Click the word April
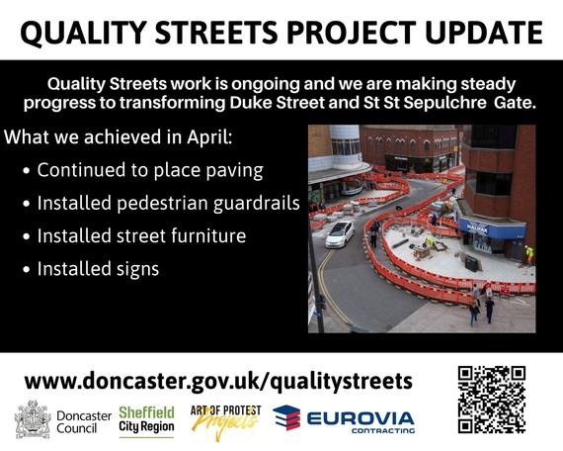(207, 136)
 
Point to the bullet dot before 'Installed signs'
(25, 269)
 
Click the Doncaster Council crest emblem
(32, 419)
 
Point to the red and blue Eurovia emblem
(286, 419)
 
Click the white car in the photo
(339, 233)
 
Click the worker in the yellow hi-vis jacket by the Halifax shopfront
(528, 253)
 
